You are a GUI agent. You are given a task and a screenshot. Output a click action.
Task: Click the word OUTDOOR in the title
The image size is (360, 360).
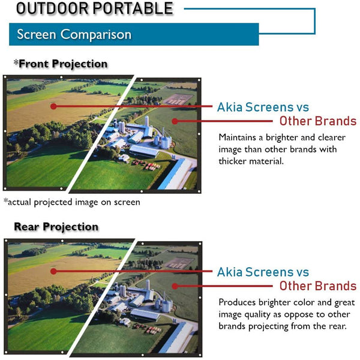(52, 8)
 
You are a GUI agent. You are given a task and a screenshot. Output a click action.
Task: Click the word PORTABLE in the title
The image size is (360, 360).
(133, 8)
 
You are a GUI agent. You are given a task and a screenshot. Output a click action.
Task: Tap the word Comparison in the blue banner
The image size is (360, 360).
(96, 34)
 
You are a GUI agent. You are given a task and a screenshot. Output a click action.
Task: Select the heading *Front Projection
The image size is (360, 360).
(61, 64)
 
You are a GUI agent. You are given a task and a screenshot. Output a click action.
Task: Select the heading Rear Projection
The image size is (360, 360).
(56, 227)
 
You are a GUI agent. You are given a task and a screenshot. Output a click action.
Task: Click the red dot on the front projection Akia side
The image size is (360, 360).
(53, 106)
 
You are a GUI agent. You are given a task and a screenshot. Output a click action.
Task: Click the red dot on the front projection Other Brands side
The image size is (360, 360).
(175, 121)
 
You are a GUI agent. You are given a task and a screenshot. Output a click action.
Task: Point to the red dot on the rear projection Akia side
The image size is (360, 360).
(53, 271)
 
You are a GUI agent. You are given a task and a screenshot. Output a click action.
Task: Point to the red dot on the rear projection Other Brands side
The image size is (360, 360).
(175, 286)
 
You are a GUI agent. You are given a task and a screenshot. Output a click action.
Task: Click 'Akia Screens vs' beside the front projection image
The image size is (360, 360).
(263, 107)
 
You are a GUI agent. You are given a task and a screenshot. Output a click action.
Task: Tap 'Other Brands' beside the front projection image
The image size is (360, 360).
(318, 121)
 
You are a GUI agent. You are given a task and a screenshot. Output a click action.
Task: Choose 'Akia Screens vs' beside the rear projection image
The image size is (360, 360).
(263, 272)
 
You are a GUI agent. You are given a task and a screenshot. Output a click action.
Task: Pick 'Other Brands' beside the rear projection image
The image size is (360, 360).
(318, 286)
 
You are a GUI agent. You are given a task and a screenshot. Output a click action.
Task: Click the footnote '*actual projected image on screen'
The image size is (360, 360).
(72, 202)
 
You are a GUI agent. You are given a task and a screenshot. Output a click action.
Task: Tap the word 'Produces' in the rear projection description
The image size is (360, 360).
(237, 302)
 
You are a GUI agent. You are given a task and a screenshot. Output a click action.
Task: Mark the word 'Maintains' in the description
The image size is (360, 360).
(237, 137)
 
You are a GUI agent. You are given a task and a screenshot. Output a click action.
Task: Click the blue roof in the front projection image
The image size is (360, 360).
(175, 174)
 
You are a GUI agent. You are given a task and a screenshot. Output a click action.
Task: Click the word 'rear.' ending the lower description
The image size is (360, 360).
(338, 326)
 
